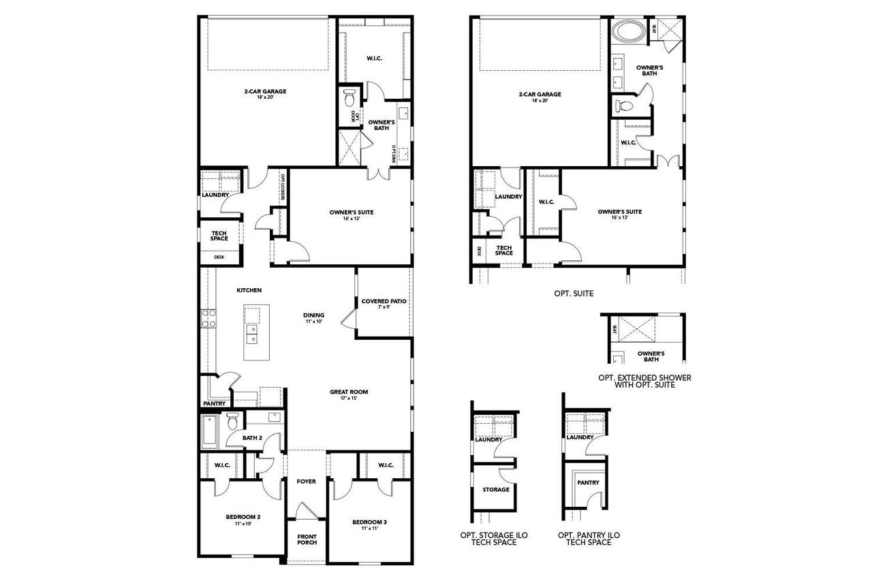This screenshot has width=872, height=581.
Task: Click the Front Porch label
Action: (307, 539)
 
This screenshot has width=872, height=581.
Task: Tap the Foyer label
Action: (306, 482)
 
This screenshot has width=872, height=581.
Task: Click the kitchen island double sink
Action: (253, 335)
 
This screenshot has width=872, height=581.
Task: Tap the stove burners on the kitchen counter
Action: (208, 319)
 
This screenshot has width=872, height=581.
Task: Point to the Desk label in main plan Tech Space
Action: (219, 257)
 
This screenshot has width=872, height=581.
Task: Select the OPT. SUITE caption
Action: (574, 294)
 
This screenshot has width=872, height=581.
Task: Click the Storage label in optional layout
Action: (495, 489)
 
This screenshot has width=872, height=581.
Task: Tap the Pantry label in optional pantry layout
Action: (588, 483)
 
